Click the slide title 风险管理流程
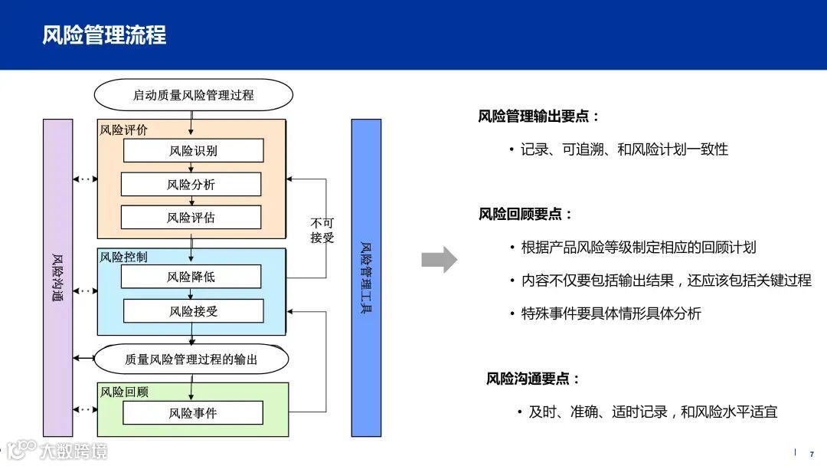click(x=104, y=34)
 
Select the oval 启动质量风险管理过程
click(x=193, y=95)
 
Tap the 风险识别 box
click(x=193, y=150)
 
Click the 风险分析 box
click(x=191, y=184)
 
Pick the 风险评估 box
click(x=191, y=218)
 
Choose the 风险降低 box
click(x=191, y=277)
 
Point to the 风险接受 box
click(x=193, y=310)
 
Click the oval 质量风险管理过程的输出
click(x=191, y=359)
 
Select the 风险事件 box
click(x=193, y=413)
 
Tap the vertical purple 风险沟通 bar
click(x=58, y=277)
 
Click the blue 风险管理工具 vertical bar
click(x=366, y=277)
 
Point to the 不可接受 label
click(x=322, y=230)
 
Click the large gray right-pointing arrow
click(x=439, y=260)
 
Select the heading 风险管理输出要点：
click(x=539, y=116)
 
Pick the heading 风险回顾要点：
click(x=526, y=214)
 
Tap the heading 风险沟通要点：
click(x=534, y=379)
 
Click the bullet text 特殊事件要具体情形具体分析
click(x=611, y=313)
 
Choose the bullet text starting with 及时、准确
click(x=652, y=412)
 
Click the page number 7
click(x=812, y=454)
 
